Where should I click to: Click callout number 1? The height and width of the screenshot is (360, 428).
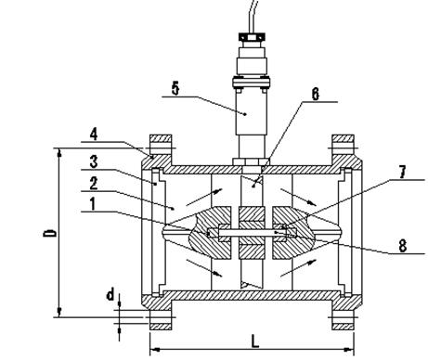tap(92, 204)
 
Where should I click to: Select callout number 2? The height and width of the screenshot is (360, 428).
tap(94, 184)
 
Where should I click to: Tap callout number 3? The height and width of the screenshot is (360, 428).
tap(94, 161)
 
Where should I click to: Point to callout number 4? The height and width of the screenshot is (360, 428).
tap(94, 135)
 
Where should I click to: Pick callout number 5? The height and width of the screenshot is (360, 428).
tap(175, 89)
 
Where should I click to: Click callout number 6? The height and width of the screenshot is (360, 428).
tap(315, 95)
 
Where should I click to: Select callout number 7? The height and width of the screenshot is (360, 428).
tap(402, 173)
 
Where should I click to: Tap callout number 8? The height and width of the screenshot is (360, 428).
tap(402, 247)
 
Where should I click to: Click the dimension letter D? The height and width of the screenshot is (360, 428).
tap(49, 233)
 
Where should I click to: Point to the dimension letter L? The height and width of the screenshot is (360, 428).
tap(254, 341)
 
